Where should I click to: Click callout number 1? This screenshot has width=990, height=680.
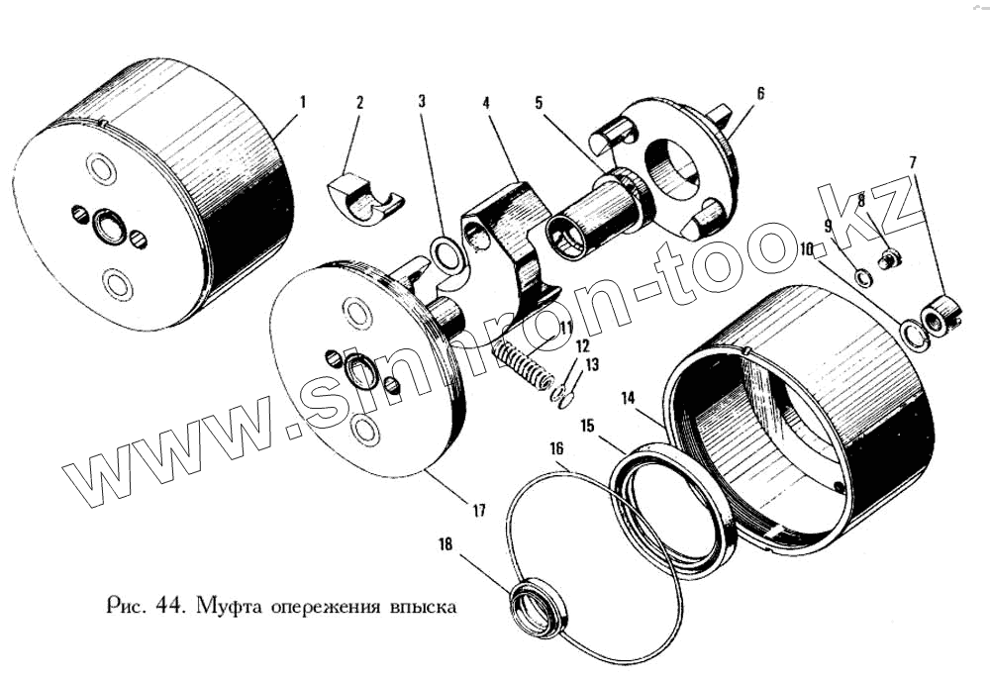point(302,102)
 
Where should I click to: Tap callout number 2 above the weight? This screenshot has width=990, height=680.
point(360,103)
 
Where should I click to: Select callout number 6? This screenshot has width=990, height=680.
point(760,93)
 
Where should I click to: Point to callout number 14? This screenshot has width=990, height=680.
point(628,398)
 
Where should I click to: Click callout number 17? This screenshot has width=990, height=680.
point(479,510)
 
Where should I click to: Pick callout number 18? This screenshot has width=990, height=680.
point(445,543)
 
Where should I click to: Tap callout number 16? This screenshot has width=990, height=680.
point(556,449)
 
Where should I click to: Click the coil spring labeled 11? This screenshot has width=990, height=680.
point(521,364)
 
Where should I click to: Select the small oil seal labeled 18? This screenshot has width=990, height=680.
point(538,605)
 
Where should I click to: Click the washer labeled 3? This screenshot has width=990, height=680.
point(447,254)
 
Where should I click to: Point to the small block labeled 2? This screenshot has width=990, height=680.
point(365,200)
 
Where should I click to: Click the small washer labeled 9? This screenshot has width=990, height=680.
point(862,277)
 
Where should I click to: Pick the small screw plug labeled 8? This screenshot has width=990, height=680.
point(890,258)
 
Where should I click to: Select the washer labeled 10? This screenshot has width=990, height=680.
point(914,335)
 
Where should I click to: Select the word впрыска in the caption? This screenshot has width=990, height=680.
point(424,608)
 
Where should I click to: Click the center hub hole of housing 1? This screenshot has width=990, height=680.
point(110,227)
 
